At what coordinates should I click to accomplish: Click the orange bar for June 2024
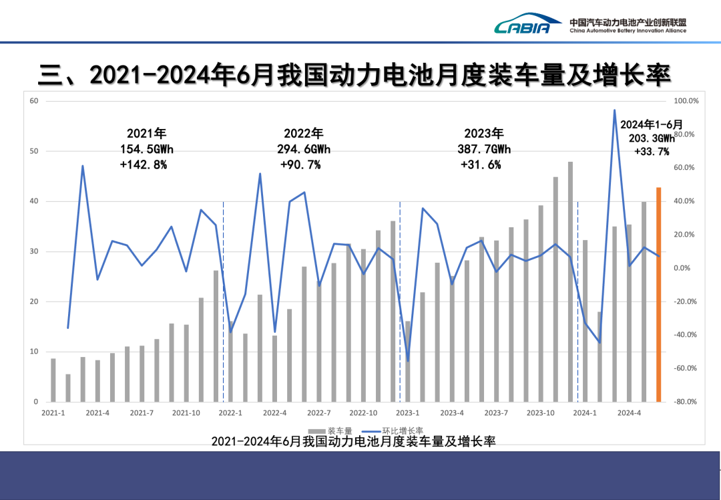pyautogui.click(x=658, y=295)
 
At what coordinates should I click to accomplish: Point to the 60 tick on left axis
pyautogui.click(x=33, y=101)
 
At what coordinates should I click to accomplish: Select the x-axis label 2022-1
pyautogui.click(x=230, y=413)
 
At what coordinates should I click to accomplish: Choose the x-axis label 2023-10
pyautogui.click(x=541, y=413)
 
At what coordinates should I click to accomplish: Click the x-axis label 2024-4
pyautogui.click(x=629, y=413)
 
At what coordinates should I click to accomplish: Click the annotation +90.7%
pyautogui.click(x=300, y=164)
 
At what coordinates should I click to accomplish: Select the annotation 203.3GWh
pyautogui.click(x=652, y=138)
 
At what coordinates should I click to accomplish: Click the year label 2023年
pyautogui.click(x=484, y=133)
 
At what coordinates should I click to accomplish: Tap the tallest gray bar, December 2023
pyautogui.click(x=570, y=281)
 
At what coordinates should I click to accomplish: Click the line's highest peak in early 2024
pyautogui.click(x=614, y=110)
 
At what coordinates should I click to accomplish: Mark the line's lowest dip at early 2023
pyautogui.click(x=408, y=360)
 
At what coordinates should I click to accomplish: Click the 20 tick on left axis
pyautogui.click(x=33, y=301)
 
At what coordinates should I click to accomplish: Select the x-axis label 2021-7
pyautogui.click(x=142, y=413)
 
